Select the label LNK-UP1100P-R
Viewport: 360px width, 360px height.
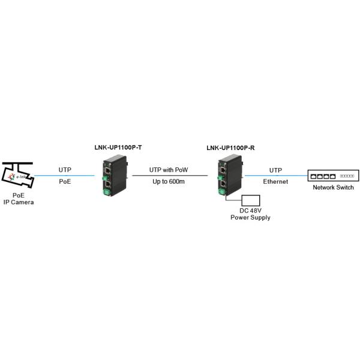point(230,148)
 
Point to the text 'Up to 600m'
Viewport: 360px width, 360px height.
point(169,181)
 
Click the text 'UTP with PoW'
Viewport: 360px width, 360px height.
point(169,170)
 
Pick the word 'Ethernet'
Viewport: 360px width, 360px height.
point(275,181)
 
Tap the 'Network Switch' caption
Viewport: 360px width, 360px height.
point(333,187)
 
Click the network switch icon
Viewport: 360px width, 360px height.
point(332,176)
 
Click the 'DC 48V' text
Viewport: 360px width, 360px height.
point(251,211)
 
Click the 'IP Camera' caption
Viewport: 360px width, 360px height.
point(19,202)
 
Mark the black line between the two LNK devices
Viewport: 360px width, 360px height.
point(169,176)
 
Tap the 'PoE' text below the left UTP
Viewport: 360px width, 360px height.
point(65,181)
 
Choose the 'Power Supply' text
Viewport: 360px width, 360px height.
point(251,217)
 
